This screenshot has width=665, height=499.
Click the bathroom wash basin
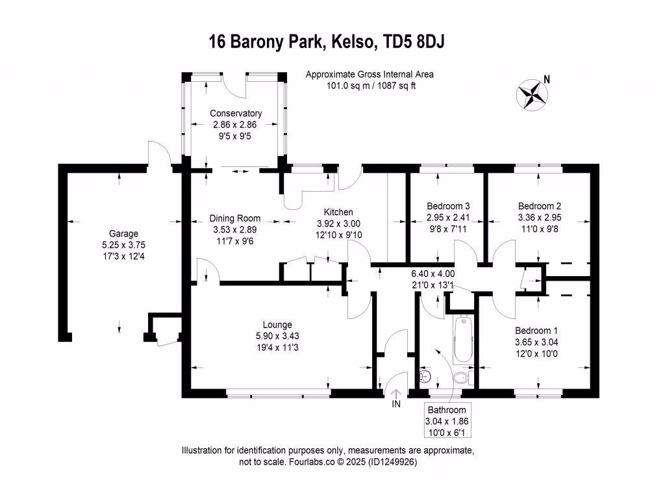click(425, 376)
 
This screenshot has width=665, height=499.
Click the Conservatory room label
click(236, 114)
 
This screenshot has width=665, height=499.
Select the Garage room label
click(123, 234)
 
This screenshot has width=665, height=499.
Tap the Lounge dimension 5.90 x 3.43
click(277, 336)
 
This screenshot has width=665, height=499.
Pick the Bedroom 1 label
click(536, 331)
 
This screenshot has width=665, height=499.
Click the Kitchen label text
click(338, 212)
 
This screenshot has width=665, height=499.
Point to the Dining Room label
click(235, 218)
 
